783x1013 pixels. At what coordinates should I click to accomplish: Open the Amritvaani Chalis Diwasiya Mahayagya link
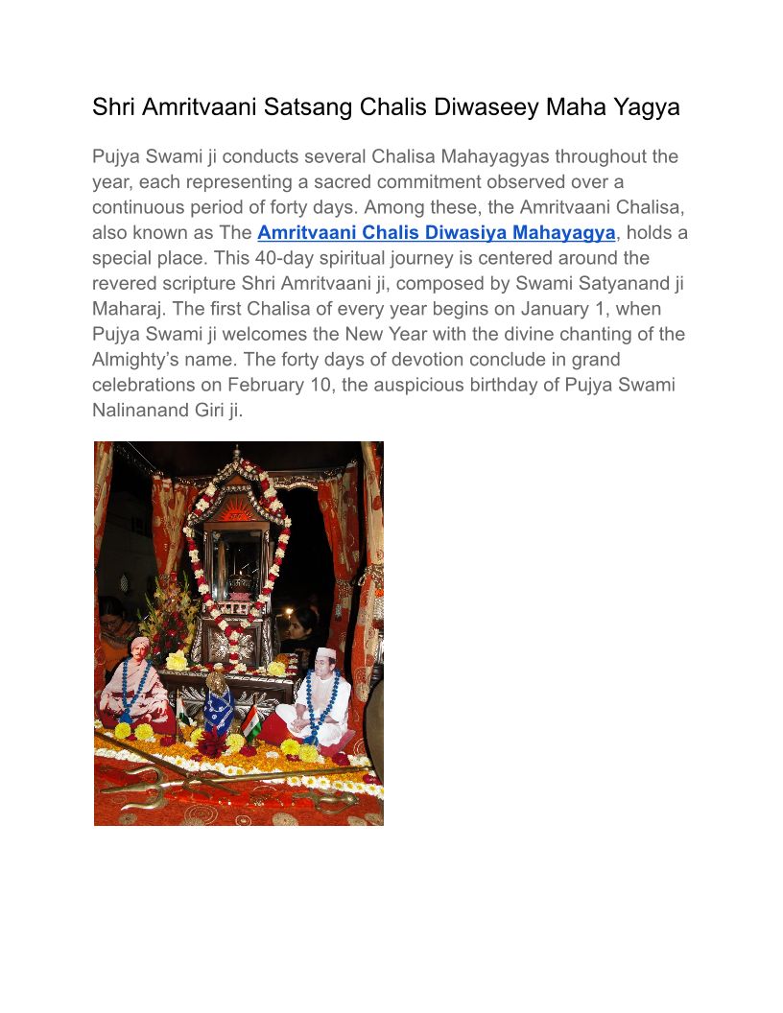click(x=436, y=233)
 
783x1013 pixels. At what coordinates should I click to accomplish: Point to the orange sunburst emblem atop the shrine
click(x=235, y=512)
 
